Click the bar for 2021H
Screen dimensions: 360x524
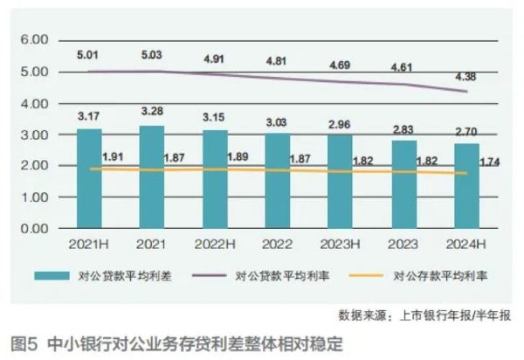[89, 178]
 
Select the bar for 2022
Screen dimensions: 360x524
[277, 181]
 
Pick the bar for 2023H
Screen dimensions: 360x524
[341, 182]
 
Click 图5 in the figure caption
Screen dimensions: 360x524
[21, 342]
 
